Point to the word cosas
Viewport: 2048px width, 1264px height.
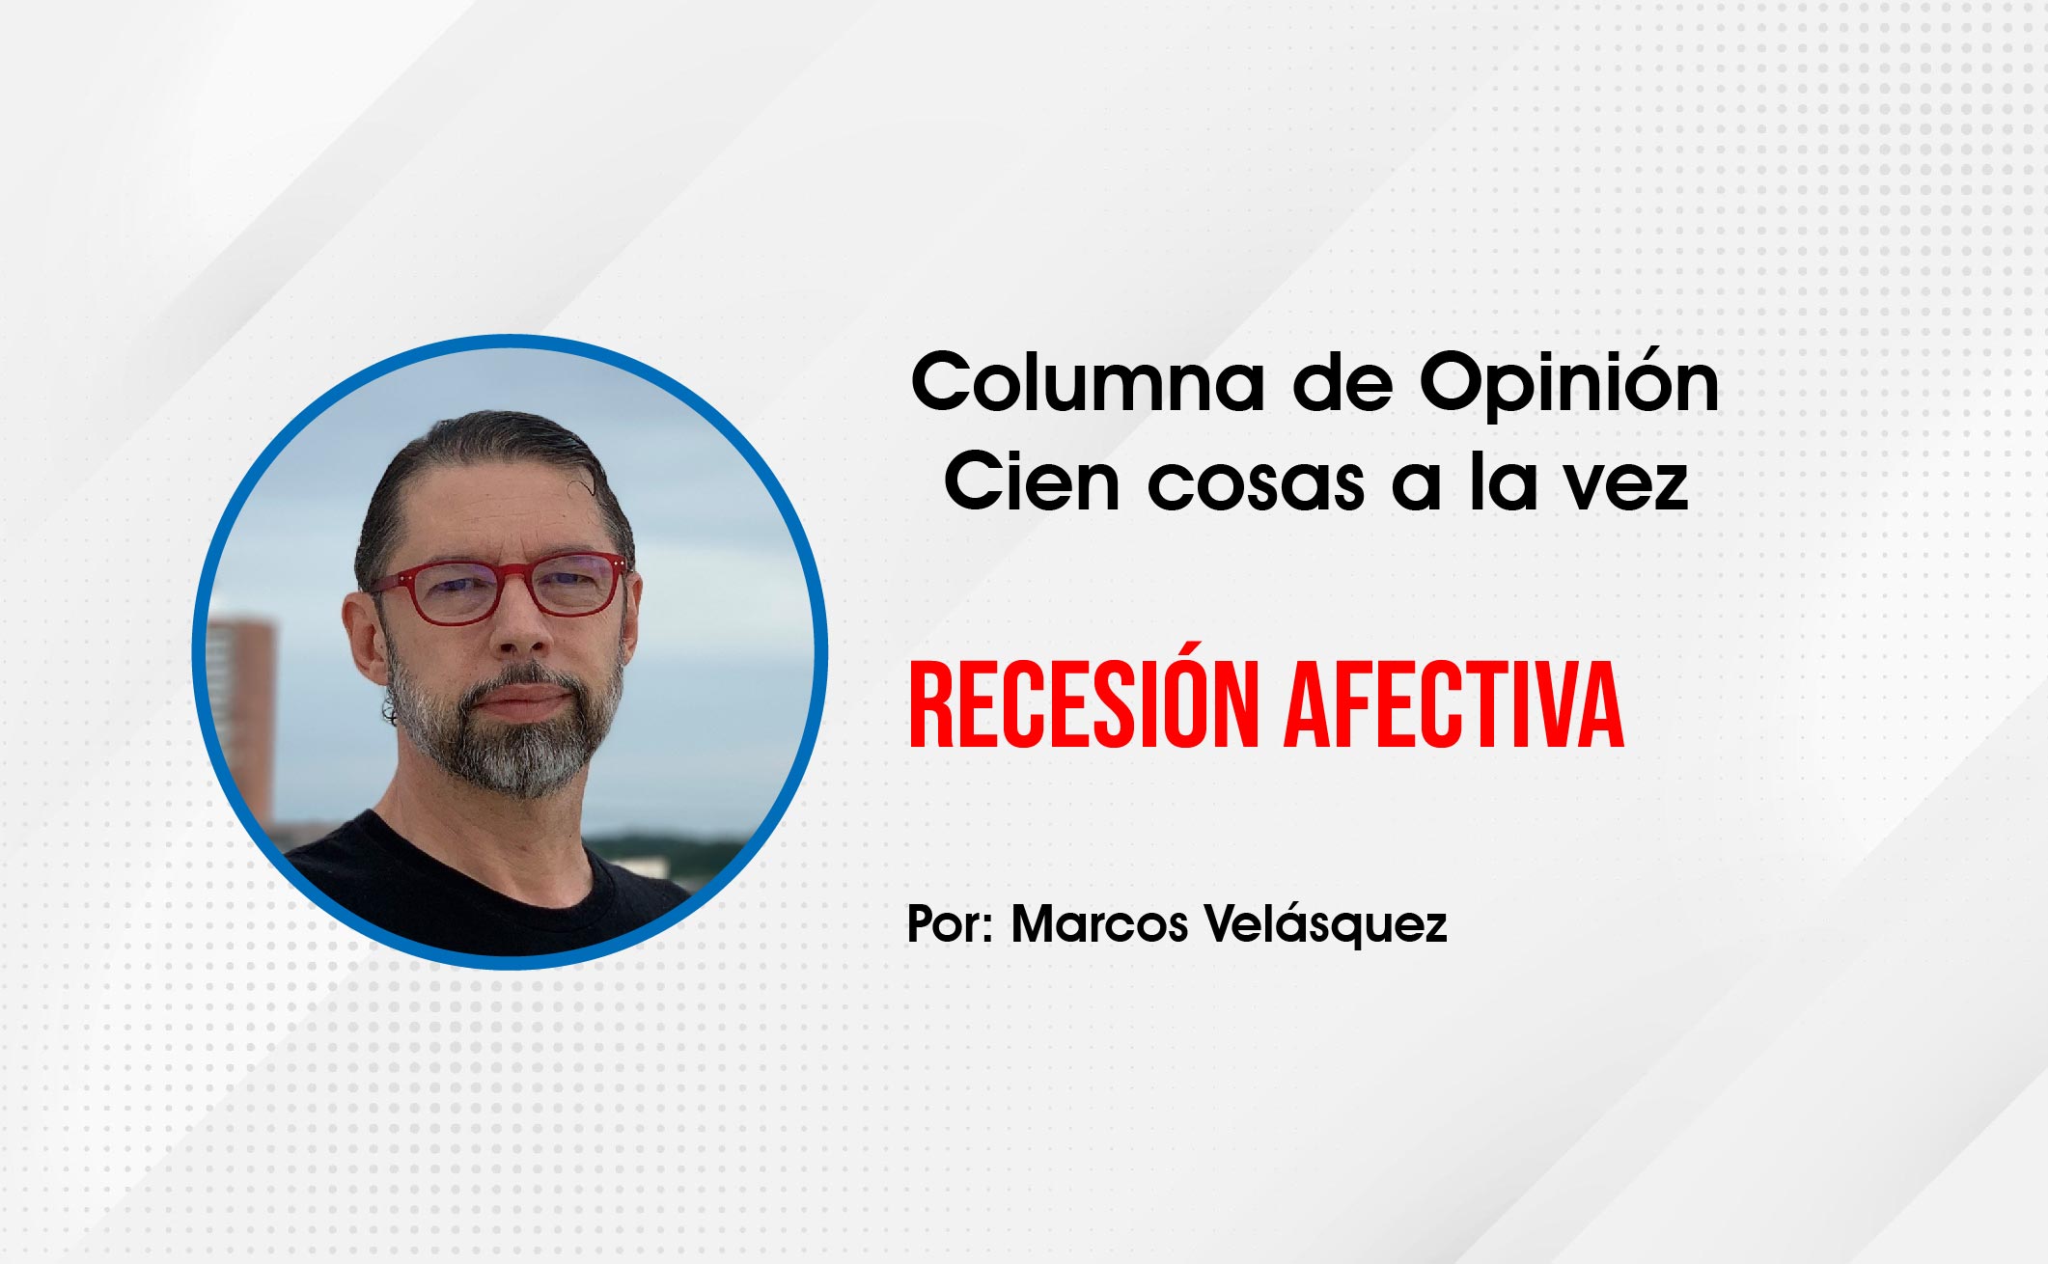pos(1256,485)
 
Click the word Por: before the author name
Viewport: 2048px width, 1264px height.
pos(951,923)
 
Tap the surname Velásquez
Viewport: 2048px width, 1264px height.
pos(1326,925)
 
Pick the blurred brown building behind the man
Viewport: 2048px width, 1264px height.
pos(241,714)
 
